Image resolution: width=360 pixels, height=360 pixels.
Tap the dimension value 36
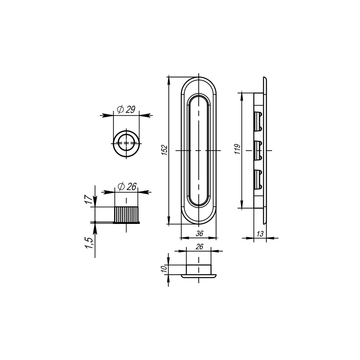pos(199,233)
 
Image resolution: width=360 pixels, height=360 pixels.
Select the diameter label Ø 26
pos(127,186)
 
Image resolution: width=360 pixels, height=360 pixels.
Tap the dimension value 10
pos(164,269)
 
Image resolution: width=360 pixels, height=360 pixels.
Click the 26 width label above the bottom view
pos(200,247)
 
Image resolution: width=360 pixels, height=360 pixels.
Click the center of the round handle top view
pos(126,143)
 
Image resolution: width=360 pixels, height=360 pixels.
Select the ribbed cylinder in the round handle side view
pos(126,214)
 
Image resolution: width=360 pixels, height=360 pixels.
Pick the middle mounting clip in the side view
pos(258,150)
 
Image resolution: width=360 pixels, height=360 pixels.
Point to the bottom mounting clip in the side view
pos(258,179)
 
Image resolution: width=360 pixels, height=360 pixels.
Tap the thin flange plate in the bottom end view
pos(199,276)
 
